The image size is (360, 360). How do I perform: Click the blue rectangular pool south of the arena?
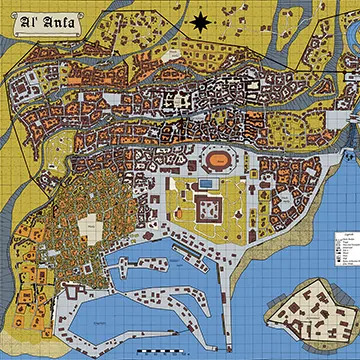pos(205,183)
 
